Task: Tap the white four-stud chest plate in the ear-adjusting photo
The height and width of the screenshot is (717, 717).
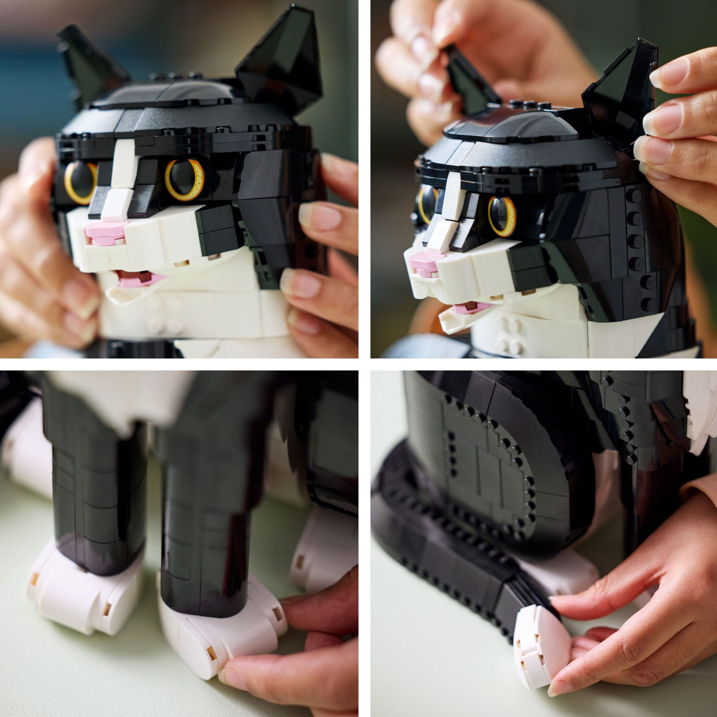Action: pos(511,335)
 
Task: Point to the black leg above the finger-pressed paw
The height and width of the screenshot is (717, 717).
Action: pos(206,526)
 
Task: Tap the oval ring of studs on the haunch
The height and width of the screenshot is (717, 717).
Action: pos(488,478)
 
